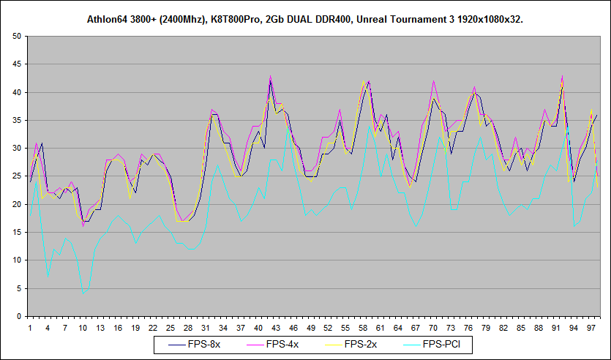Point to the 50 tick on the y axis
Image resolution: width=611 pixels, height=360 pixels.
click(x=18, y=37)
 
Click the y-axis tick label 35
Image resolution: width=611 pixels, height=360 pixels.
click(x=18, y=121)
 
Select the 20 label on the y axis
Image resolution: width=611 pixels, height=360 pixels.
click(x=18, y=204)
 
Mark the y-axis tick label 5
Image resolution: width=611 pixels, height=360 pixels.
click(x=20, y=288)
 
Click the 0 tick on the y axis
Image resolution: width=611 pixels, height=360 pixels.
click(x=20, y=316)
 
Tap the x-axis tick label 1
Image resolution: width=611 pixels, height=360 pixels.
click(x=30, y=327)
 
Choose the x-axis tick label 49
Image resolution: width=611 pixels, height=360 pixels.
click(x=312, y=327)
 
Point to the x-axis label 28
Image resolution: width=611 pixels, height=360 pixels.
click(x=188, y=327)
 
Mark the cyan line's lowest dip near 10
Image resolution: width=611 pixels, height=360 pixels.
click(x=83, y=293)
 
